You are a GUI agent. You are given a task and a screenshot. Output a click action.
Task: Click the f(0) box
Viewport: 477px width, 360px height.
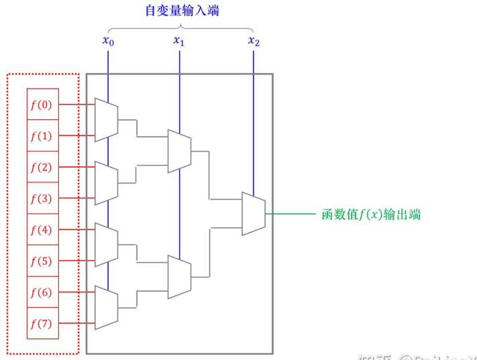click(43, 104)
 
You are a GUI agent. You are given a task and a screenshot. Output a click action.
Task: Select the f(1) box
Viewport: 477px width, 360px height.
click(43, 135)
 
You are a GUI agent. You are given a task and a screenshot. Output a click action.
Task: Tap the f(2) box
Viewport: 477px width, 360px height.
click(43, 167)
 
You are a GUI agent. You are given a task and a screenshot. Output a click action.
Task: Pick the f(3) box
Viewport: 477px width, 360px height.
click(43, 198)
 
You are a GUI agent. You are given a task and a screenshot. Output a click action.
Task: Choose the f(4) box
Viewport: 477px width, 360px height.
click(43, 230)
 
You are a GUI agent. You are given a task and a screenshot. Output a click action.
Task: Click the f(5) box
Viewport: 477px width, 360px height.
click(43, 261)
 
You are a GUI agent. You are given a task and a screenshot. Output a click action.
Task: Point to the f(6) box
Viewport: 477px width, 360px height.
click(43, 292)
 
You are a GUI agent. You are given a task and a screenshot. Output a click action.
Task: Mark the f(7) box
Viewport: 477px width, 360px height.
click(43, 324)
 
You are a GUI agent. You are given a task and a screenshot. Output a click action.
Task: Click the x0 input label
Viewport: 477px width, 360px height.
click(107, 41)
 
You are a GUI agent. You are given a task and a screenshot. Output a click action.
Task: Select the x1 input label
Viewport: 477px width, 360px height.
click(179, 41)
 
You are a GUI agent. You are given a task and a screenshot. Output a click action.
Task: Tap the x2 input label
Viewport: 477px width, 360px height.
click(253, 41)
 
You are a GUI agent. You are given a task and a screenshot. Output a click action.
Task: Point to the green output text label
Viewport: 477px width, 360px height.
click(372, 215)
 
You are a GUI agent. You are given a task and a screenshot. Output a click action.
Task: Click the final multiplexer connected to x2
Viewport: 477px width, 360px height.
click(254, 215)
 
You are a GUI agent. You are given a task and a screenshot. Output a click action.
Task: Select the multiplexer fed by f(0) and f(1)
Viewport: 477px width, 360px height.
click(107, 120)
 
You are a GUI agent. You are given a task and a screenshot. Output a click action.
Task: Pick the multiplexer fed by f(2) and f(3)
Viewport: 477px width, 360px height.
click(107, 183)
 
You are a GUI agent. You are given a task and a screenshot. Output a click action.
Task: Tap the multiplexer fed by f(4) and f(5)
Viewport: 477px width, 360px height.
click(107, 245)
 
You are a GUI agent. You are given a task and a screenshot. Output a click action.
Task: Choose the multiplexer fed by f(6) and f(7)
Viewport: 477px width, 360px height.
click(107, 308)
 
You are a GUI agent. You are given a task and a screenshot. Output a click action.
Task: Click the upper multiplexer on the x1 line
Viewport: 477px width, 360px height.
click(179, 151)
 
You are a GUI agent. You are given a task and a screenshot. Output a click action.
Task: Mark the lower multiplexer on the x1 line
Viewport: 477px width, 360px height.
click(179, 276)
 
